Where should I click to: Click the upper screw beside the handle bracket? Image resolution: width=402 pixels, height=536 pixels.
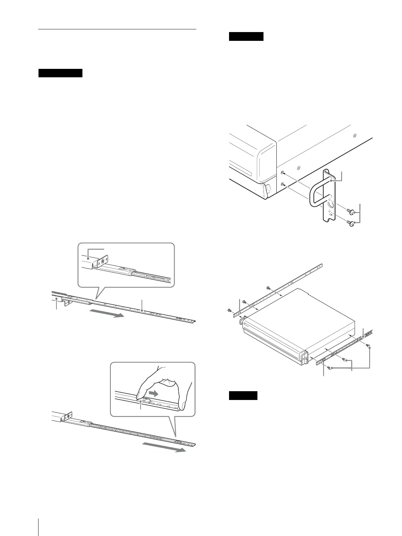[351, 212]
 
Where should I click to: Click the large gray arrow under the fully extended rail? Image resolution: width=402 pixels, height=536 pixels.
[164, 447]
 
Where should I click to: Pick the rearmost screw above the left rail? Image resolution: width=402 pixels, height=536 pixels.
[268, 288]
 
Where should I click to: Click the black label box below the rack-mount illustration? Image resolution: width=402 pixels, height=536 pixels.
[243, 395]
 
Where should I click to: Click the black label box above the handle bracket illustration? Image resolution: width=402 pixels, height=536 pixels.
[246, 36]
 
